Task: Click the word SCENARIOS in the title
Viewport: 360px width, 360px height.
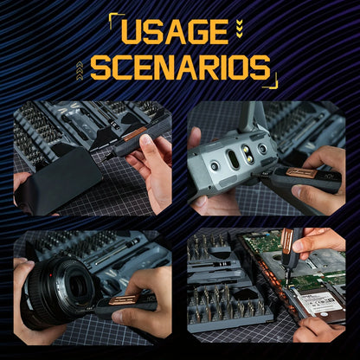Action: (180, 67)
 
